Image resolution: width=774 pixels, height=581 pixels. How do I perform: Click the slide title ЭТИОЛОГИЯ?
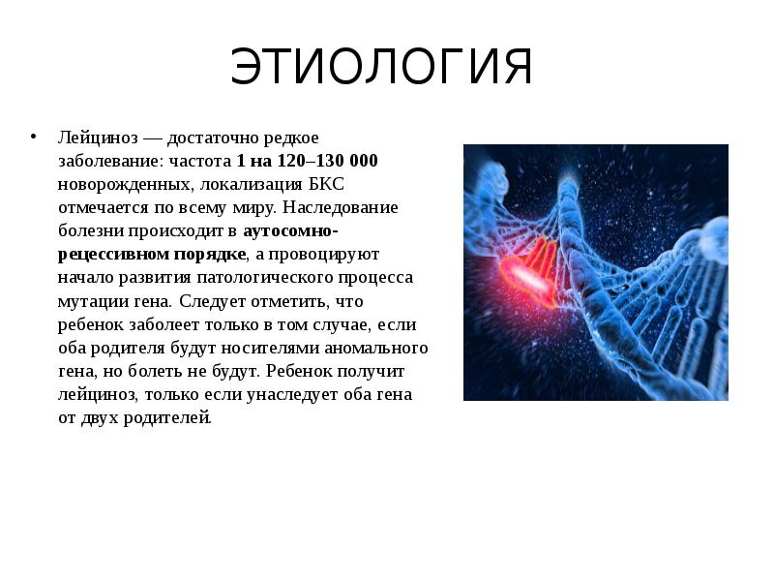(x=382, y=67)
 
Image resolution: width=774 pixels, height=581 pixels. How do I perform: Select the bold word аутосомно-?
(x=289, y=231)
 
